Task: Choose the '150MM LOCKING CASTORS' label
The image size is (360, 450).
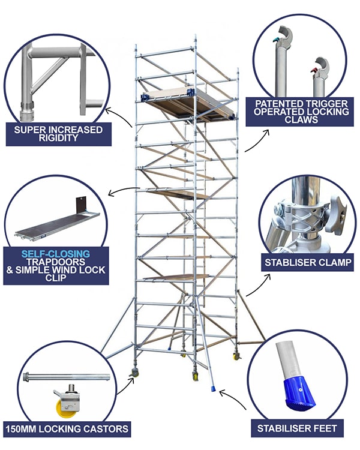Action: [x=67, y=428]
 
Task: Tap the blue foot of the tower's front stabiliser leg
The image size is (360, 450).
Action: [x=215, y=389]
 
